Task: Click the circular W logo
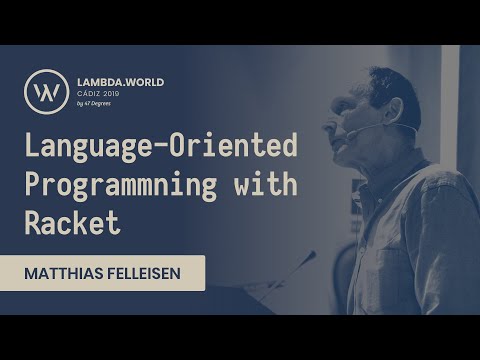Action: click(46, 90)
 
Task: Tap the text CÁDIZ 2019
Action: click(100, 93)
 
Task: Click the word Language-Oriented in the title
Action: click(161, 147)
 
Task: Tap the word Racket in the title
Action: click(72, 221)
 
